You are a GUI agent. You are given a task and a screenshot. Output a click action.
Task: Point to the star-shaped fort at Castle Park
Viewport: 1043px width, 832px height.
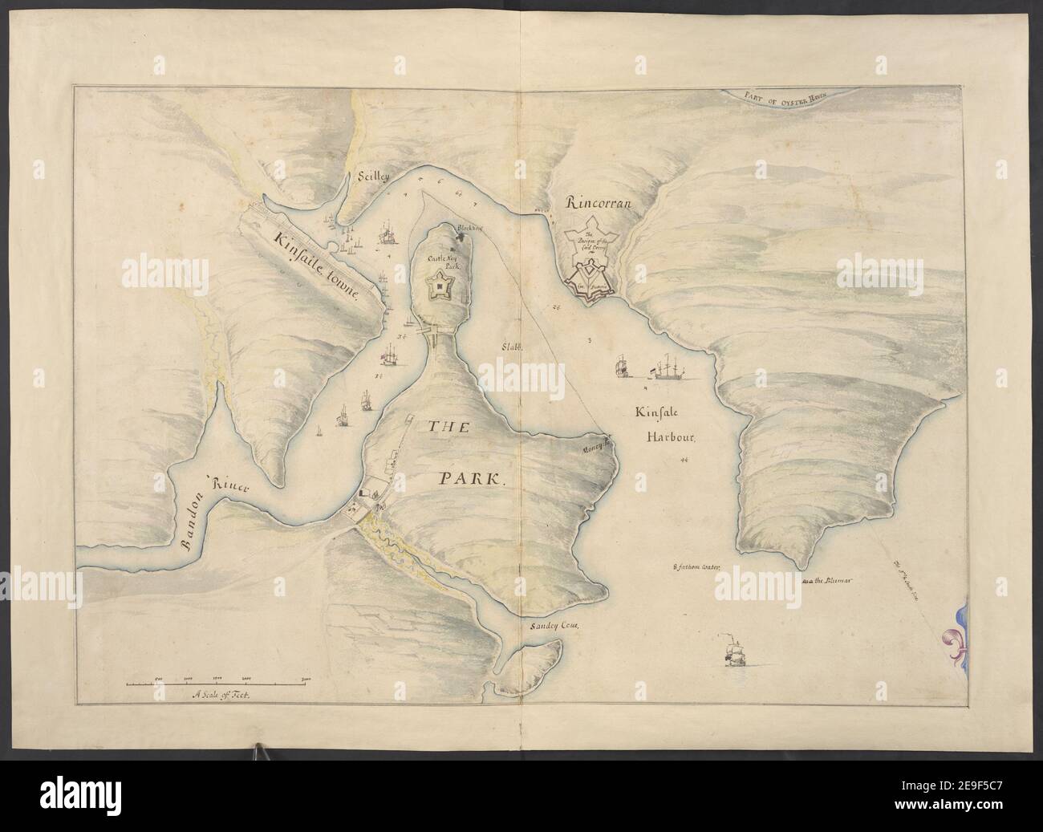(440, 285)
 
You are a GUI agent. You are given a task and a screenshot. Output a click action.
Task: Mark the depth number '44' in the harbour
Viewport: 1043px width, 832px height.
(684, 461)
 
